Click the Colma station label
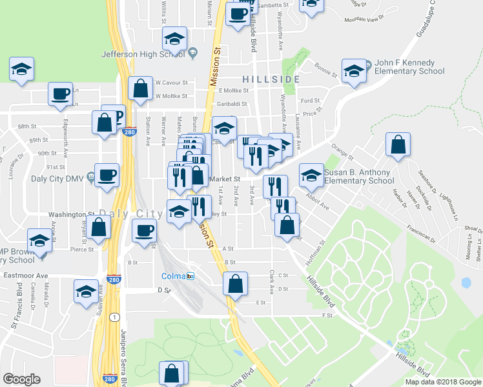pos(173,276)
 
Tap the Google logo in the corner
pos(21,379)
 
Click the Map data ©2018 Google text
pos(443,382)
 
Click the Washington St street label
pos(72,214)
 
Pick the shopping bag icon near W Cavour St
pos(140,89)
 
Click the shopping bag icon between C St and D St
pos(236,283)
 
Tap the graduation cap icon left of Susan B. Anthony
pos(311,175)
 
